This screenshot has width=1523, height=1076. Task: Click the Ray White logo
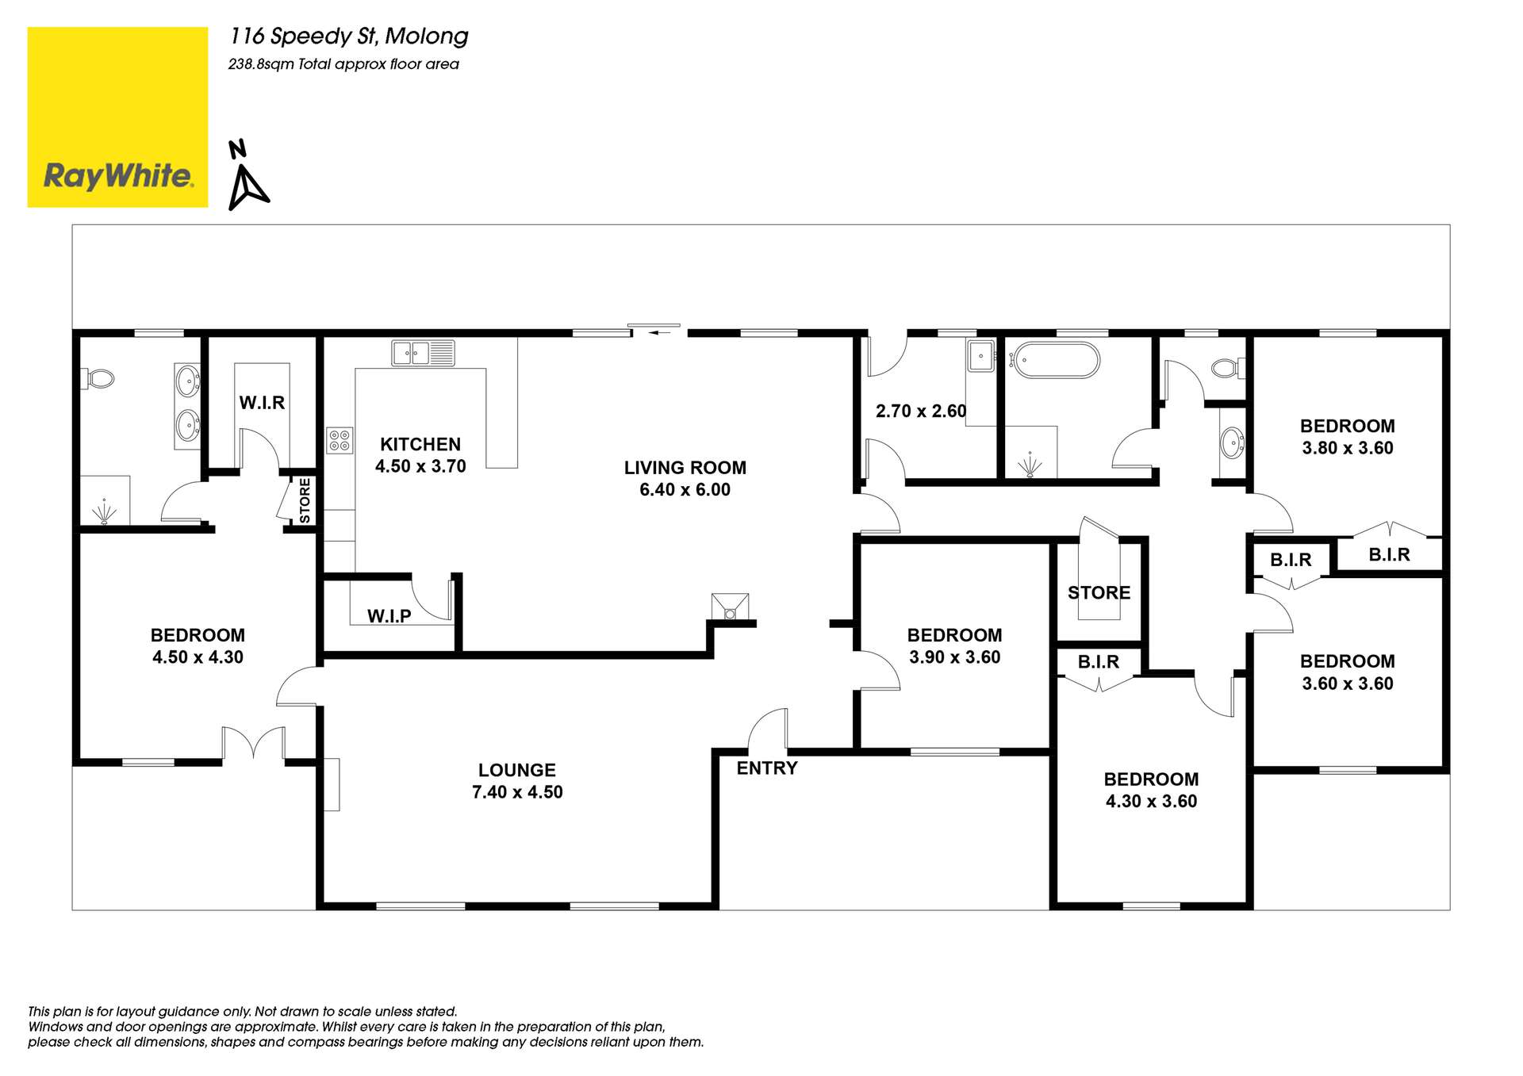point(117,117)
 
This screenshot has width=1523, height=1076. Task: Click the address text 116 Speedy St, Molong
point(349,36)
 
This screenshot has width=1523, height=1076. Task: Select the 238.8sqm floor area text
point(343,64)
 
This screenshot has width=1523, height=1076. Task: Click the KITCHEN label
point(420,444)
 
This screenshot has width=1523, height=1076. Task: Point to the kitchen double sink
point(423,353)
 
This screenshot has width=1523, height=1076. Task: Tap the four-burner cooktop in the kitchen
point(340,440)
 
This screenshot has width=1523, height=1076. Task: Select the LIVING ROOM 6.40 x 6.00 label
point(685,478)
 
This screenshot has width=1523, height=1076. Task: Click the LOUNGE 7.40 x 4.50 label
point(517,780)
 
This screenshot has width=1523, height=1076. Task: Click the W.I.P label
point(389,615)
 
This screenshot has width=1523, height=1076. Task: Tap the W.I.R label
point(262,402)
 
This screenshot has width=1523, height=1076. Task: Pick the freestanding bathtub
point(1058,360)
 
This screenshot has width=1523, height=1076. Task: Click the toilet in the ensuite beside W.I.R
point(98,379)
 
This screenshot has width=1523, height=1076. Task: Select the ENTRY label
point(766,768)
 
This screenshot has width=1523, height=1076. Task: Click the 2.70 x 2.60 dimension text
point(920,411)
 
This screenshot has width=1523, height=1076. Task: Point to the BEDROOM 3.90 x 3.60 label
point(954,645)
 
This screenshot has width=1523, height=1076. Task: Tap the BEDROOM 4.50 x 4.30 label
point(198,645)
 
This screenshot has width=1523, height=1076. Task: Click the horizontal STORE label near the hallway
point(1099,592)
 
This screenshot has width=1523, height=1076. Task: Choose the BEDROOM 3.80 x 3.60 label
point(1347,436)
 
